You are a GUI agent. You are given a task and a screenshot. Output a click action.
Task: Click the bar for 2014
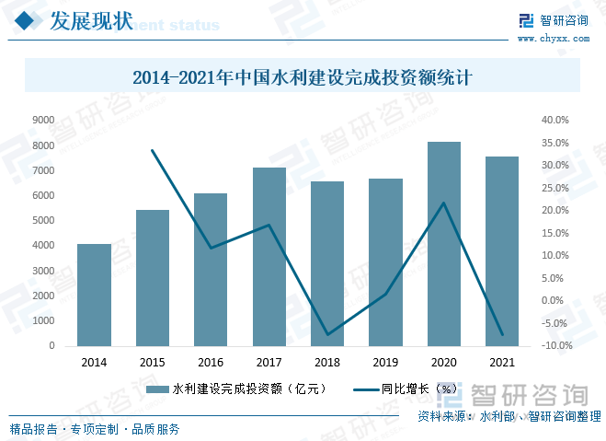coord(94,295)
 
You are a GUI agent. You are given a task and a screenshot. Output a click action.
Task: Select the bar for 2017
coord(269,257)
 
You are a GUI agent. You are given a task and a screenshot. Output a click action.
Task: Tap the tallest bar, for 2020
coord(444,244)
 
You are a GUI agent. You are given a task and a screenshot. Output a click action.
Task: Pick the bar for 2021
coord(502,251)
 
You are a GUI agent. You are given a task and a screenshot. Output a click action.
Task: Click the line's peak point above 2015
coord(153,151)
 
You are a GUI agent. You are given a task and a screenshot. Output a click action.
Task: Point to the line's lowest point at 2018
coord(327,335)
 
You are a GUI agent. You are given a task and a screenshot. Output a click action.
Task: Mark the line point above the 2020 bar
coord(444,203)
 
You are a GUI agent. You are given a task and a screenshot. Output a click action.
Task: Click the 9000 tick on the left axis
coord(43,121)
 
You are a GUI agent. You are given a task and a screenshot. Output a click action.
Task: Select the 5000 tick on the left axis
coord(43,221)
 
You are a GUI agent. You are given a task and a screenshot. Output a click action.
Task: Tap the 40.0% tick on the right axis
coord(556,121)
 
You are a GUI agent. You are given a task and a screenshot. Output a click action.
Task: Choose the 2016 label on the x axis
coord(211,363)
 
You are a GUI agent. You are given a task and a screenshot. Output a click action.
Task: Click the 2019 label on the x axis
coord(385,363)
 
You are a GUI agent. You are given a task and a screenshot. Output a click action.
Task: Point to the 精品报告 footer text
coord(32,429)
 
